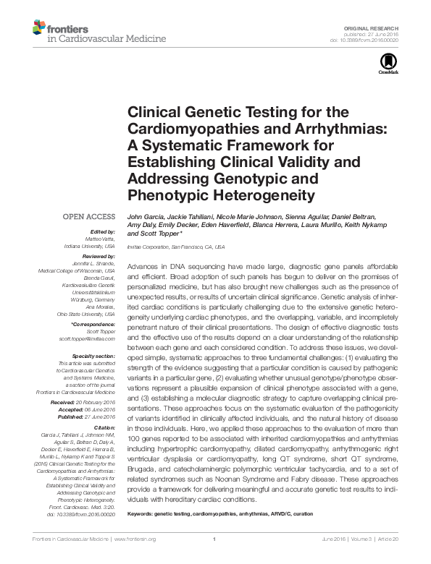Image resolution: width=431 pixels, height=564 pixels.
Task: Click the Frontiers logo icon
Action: tap(38, 28)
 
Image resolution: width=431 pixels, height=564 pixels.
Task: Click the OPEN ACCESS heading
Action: tap(90, 216)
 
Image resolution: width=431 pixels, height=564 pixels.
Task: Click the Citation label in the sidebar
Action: tap(104, 427)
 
